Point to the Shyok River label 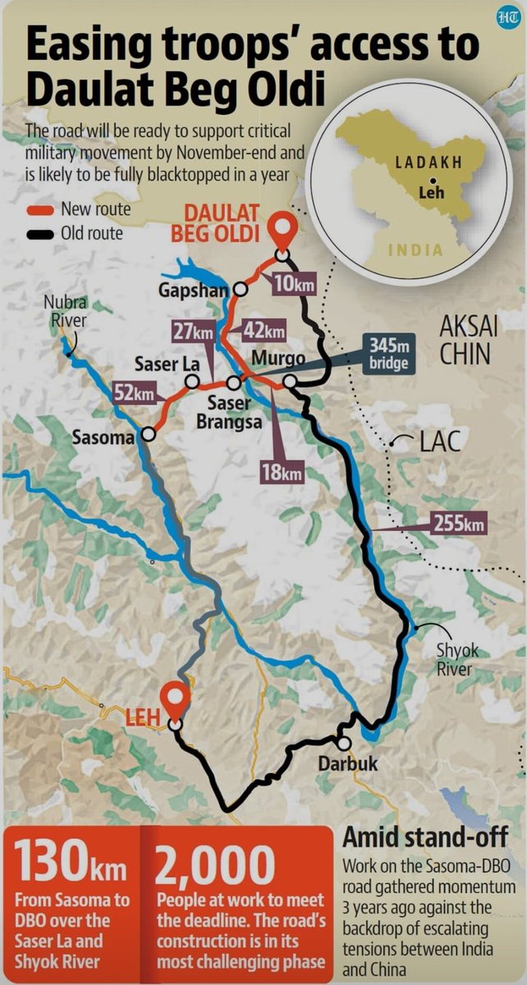point(458,660)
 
